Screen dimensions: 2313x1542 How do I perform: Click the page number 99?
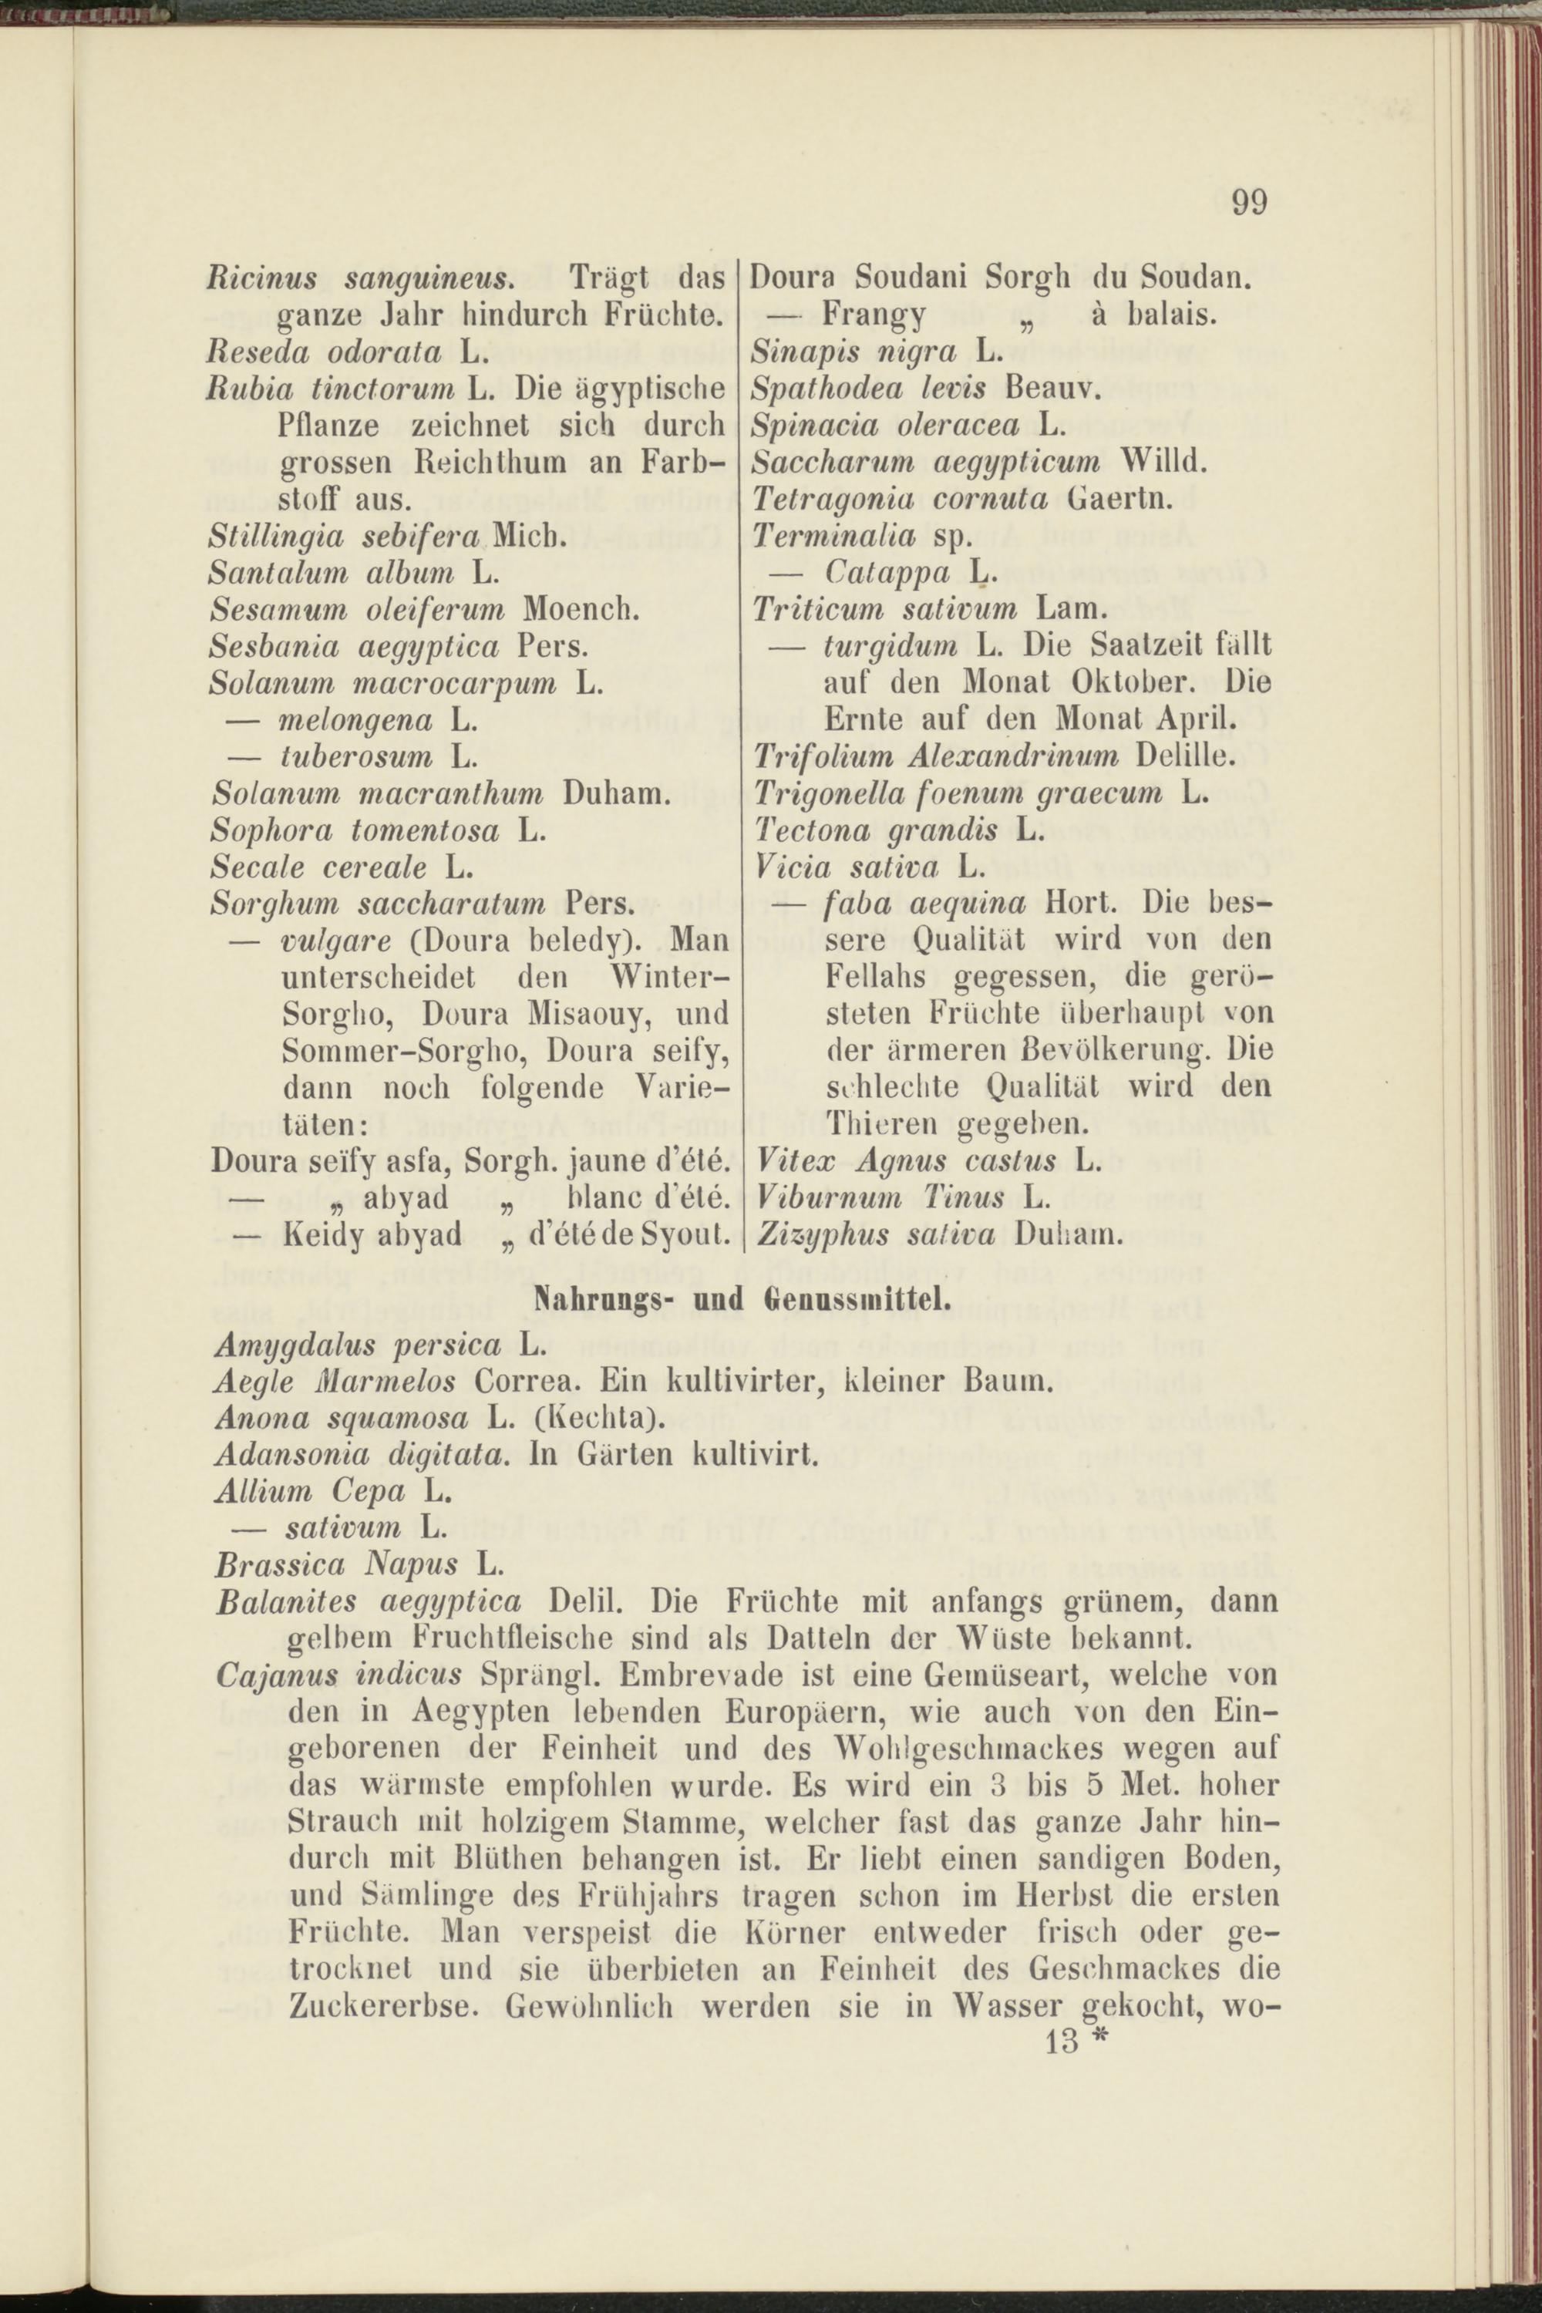pyautogui.click(x=1249, y=203)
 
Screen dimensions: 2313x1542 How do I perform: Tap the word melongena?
pyautogui.click(x=356, y=721)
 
